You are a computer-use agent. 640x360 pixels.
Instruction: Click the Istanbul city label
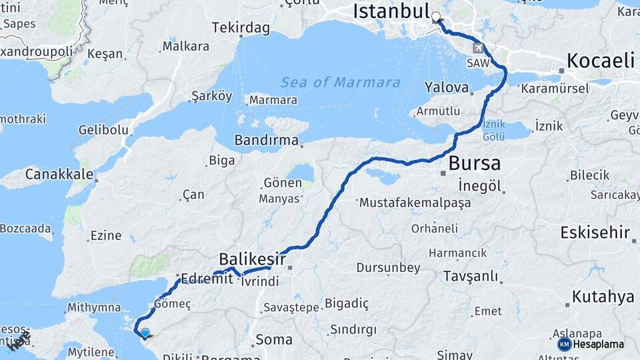[x=391, y=11]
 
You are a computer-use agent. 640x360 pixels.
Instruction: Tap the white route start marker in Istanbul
[x=436, y=17]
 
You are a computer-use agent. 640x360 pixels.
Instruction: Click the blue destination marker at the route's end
[x=145, y=332]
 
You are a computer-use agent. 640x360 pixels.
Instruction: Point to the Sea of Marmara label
[x=341, y=83]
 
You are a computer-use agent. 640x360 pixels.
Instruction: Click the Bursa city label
[x=474, y=163]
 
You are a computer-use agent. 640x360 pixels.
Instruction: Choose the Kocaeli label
[x=600, y=61]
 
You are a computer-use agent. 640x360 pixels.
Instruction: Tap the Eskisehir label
[x=595, y=233]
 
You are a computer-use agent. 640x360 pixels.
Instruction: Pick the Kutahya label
[x=603, y=297]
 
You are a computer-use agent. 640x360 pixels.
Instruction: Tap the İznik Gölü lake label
[x=494, y=130]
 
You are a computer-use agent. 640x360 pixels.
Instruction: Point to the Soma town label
[x=274, y=339]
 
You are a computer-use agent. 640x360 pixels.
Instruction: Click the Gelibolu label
[x=103, y=130]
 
